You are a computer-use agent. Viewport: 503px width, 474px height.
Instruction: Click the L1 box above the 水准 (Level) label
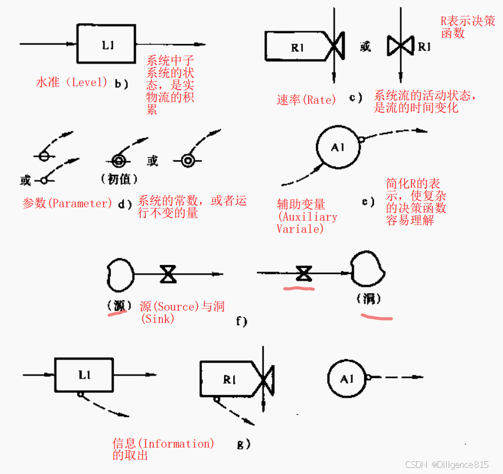coord(106,44)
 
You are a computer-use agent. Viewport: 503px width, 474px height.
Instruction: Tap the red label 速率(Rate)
coord(306,100)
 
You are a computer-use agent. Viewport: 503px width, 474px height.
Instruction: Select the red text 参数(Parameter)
coord(67,203)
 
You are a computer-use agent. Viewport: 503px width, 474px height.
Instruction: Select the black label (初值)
coord(118,179)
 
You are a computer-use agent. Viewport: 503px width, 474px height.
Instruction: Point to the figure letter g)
coord(244,444)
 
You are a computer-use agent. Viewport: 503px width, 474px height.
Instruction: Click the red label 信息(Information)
coord(163,443)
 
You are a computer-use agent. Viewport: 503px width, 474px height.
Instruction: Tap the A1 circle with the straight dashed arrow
coord(347,379)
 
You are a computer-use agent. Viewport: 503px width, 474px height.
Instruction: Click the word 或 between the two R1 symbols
coord(365,46)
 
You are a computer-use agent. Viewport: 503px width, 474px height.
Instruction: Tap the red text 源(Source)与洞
coord(182,306)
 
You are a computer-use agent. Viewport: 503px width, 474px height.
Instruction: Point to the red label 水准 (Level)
coord(72,82)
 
